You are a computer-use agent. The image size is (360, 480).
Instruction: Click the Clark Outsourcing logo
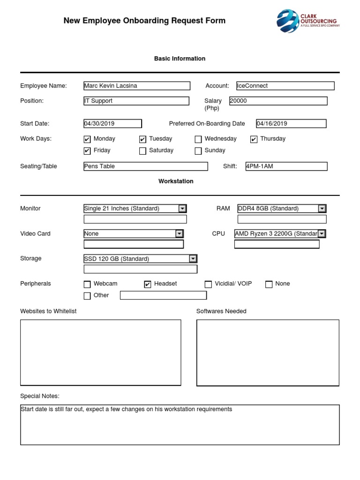pos(307,21)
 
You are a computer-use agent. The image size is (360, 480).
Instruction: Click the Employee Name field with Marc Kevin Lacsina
pos(137,86)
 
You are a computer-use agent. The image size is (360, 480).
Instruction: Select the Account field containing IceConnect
pos(285,86)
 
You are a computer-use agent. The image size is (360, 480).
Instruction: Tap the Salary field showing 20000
pos(278,101)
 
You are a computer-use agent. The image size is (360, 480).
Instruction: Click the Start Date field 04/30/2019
pos(112,124)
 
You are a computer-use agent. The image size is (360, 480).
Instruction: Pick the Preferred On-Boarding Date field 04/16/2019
pos(291,124)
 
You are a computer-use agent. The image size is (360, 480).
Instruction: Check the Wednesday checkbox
pos(198,139)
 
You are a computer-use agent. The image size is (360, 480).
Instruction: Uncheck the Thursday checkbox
pos(254,139)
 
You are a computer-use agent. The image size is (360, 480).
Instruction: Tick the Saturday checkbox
pos(142,151)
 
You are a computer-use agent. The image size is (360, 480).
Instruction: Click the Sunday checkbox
pos(198,151)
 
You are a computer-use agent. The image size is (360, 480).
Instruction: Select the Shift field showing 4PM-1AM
pos(286,166)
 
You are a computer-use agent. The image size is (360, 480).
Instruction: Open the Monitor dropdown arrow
pos(182,209)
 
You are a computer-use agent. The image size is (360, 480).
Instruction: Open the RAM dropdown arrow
pos(322,209)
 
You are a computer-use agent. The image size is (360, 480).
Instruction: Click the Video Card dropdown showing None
pos(133,233)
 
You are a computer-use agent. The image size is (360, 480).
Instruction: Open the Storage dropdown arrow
pos(193,259)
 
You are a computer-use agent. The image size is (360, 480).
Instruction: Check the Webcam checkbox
pos(87,284)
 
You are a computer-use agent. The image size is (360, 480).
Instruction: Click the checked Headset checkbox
pos(148,284)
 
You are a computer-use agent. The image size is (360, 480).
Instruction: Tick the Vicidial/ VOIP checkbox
pos(208,284)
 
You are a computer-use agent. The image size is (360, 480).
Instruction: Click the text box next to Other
pos(163,295)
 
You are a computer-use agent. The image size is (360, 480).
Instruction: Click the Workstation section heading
pos(176,181)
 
